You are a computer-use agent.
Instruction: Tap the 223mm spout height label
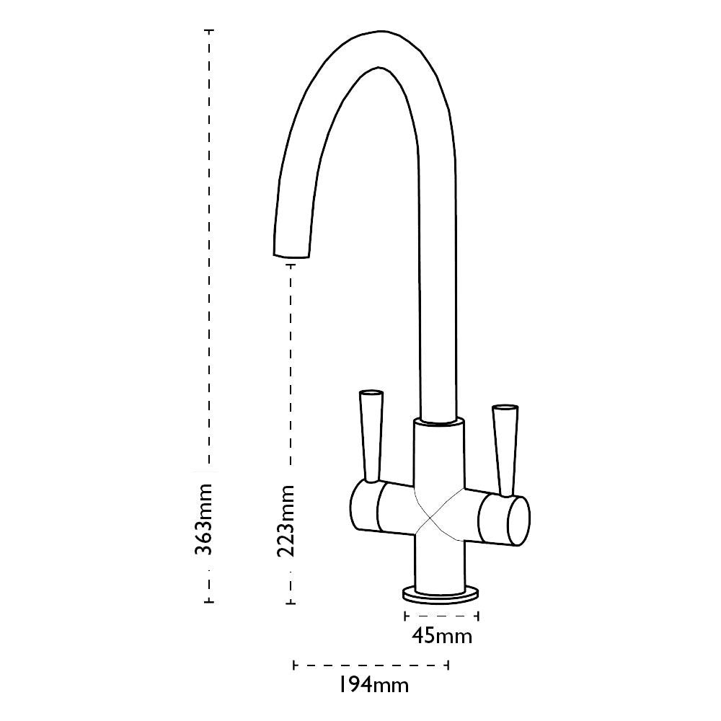point(286,521)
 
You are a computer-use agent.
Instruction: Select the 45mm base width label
point(442,636)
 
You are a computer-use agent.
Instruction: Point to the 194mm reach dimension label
point(373,685)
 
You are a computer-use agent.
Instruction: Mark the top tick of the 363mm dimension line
point(209,30)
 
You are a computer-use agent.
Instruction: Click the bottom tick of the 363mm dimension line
point(209,602)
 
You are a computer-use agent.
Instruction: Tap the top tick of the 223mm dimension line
point(291,265)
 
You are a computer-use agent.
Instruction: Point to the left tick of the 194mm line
point(294,664)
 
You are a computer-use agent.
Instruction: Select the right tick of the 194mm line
point(449,664)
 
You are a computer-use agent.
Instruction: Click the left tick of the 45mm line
point(405,616)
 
